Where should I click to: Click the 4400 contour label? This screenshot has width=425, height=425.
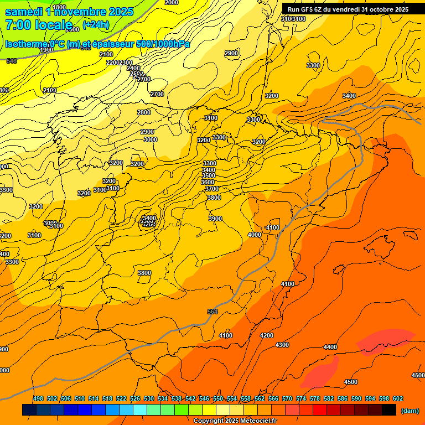pos(330,347)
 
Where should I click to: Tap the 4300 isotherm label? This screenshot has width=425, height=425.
pos(282,345)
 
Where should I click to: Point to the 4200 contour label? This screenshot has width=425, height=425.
pos(267,335)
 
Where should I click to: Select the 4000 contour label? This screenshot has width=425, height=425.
pos(255,235)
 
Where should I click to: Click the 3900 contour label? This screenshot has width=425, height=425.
pos(215,219)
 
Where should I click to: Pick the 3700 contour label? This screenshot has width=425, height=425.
pos(212,189)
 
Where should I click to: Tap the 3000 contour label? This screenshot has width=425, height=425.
pos(151,139)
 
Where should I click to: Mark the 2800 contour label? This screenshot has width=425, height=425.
pos(144,112)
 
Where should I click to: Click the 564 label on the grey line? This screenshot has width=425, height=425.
pos(212,312)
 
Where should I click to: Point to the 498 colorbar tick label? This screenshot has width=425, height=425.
pos(38,398)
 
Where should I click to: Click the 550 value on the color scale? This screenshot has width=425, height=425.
pos(217,398)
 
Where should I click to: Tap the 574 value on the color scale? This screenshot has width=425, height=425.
pos(300,398)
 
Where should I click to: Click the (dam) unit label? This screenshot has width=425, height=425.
pos(410,410)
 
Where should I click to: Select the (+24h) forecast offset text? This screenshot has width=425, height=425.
pos(96,25)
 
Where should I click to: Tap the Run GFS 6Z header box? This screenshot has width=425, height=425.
pos(348,9)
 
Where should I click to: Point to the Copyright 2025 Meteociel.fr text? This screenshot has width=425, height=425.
pos(235,421)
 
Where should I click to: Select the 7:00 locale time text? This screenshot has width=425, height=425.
pos(39,25)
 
